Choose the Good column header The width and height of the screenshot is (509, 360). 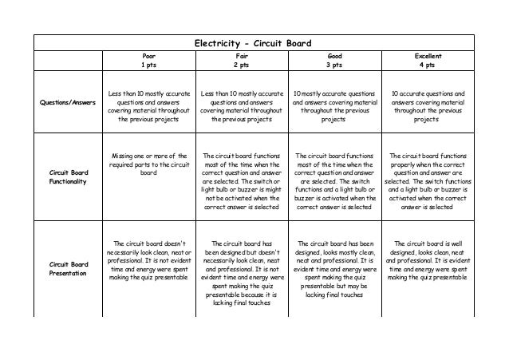pos(333,57)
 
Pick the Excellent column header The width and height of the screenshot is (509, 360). pos(427,57)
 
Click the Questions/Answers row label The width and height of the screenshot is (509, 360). pos(67,101)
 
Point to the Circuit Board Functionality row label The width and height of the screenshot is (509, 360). pos(67,176)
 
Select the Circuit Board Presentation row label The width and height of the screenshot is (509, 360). pos(67,267)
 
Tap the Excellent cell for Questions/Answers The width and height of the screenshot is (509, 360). pos(427,106)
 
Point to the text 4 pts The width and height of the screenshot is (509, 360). pos(427,65)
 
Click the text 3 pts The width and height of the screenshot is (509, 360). pos(333,65)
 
